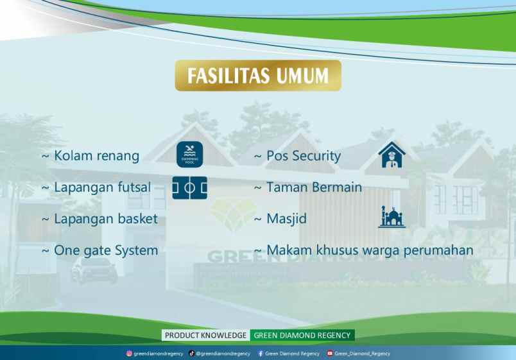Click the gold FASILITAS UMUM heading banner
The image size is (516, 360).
pos(258,76)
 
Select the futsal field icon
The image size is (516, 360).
pos(189,187)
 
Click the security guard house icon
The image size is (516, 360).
pos(391,155)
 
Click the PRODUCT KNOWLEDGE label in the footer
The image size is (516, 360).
pos(205,335)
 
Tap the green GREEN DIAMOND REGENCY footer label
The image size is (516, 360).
pos(302,335)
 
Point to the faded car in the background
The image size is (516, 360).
pos(94,270)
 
